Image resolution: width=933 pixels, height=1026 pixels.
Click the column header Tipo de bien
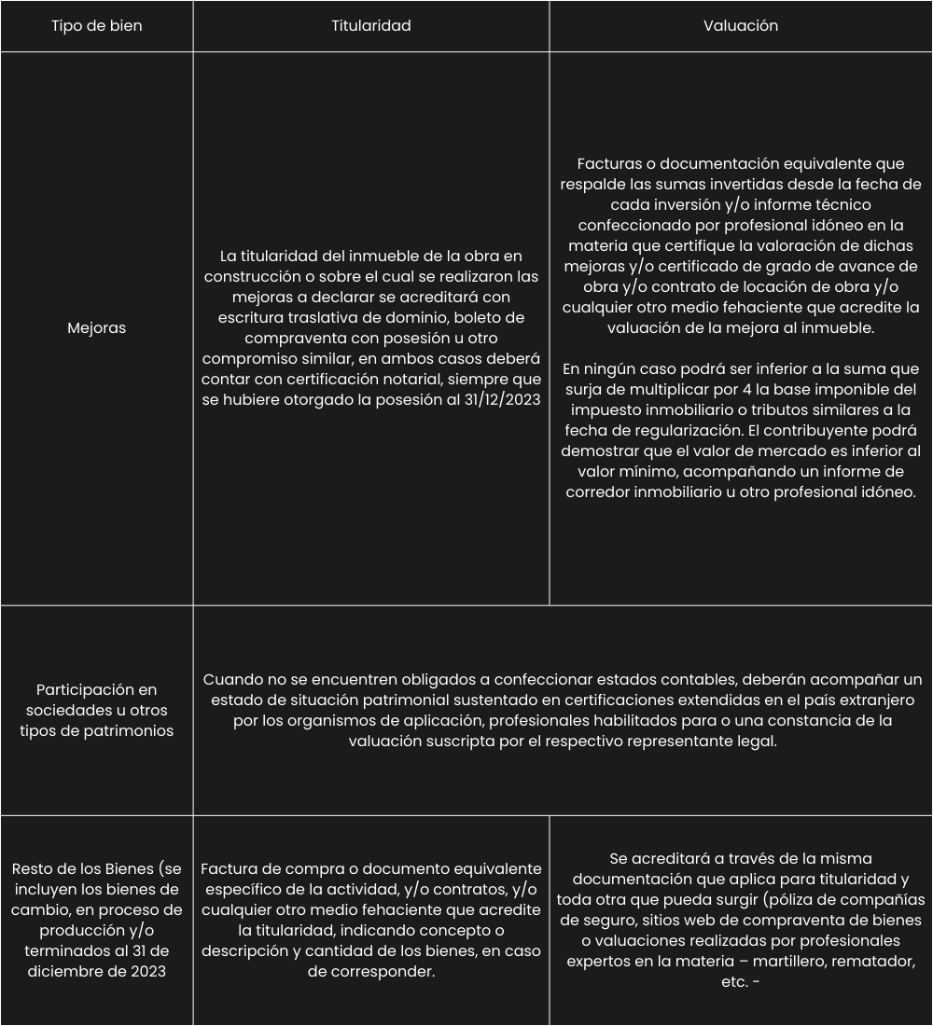click(97, 26)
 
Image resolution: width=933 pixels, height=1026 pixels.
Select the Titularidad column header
click(371, 26)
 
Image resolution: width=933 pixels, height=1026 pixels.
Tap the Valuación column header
click(741, 26)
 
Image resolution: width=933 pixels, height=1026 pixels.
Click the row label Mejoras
click(97, 328)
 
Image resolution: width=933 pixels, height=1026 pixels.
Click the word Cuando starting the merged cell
click(232, 679)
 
